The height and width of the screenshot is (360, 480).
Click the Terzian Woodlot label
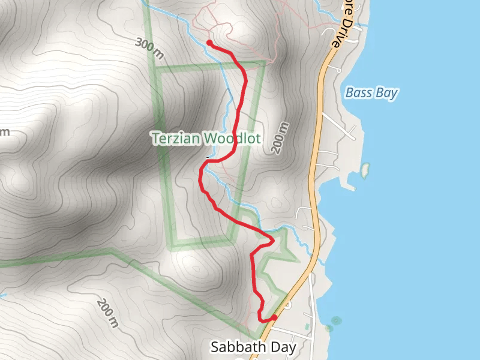(206, 139)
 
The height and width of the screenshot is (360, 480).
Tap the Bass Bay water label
(371, 93)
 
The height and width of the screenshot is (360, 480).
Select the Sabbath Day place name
(253, 347)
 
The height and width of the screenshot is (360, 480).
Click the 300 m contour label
(149, 48)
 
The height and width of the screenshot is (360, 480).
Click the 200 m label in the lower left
(108, 313)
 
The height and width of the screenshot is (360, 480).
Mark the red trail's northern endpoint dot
(209, 43)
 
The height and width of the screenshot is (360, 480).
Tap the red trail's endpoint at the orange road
(274, 317)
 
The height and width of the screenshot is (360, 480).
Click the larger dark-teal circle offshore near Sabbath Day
(335, 320)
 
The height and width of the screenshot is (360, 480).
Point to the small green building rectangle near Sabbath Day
(307, 326)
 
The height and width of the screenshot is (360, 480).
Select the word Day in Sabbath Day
(283, 347)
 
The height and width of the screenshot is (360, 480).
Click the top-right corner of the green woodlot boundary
(264, 62)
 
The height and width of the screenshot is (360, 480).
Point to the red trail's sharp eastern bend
(273, 240)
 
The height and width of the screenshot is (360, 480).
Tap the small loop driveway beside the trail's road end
(287, 305)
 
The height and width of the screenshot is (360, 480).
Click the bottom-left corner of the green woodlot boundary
(173, 245)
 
